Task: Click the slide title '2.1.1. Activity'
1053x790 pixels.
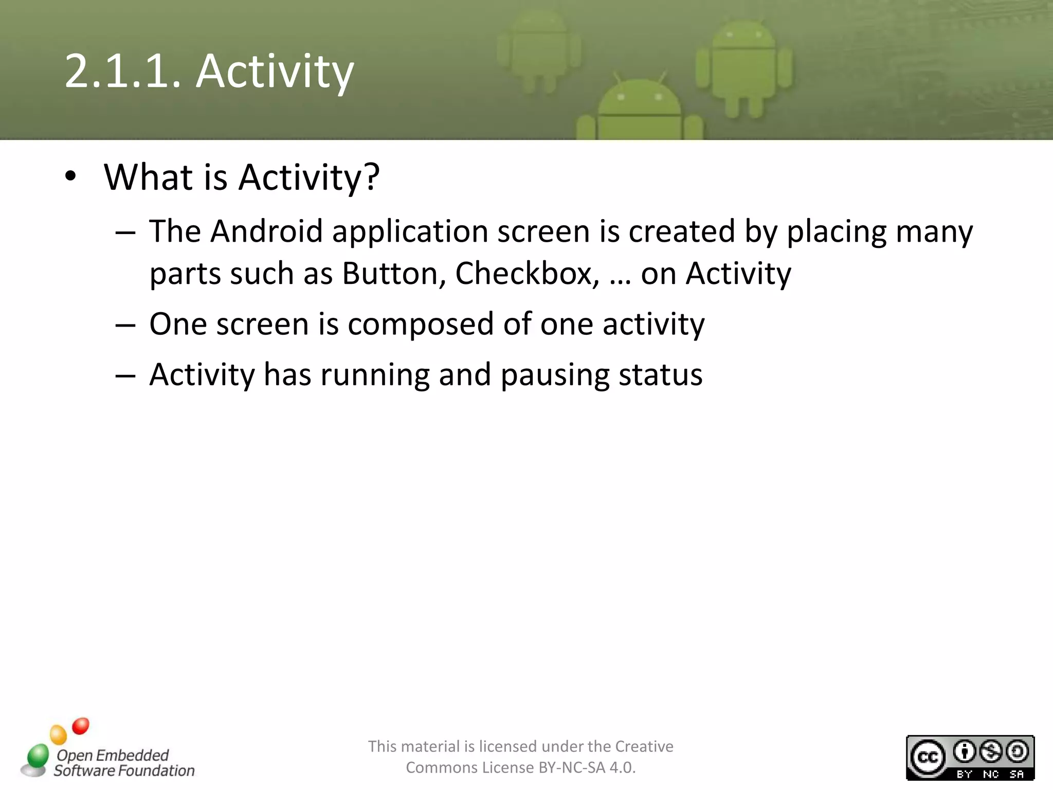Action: pos(209,71)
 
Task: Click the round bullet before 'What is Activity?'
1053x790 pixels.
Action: pos(70,177)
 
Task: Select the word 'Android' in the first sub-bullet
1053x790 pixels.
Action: pos(266,231)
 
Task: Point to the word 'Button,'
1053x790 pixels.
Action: pos(393,273)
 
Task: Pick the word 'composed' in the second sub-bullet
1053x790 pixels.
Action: pos(421,324)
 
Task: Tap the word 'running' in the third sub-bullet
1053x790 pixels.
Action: pos(375,374)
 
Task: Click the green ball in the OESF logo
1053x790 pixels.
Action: pos(38,756)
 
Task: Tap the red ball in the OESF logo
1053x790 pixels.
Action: pos(81,726)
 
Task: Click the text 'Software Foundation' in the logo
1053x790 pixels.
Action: pos(124,770)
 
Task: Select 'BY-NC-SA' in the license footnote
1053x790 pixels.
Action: pos(571,767)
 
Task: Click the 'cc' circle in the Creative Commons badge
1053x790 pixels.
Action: pos(928,758)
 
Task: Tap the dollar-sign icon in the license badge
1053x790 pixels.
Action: pos(990,752)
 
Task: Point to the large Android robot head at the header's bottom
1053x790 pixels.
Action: pos(639,100)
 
